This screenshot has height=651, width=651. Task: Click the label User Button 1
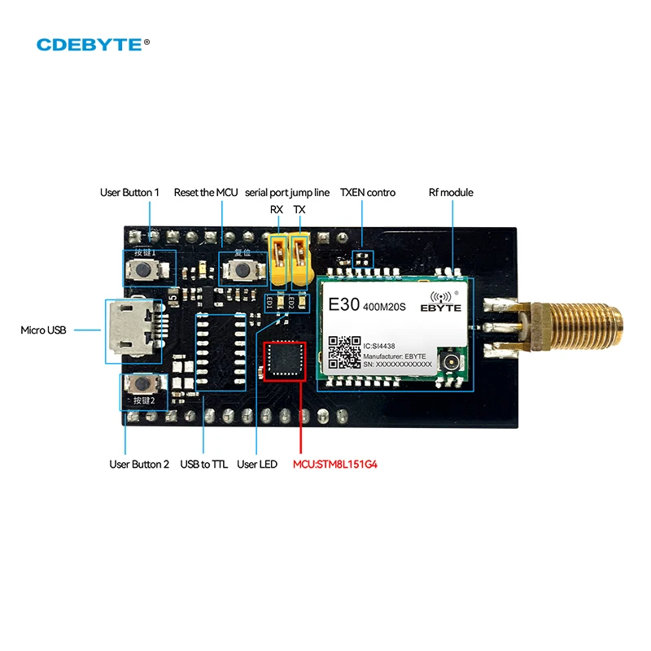click(129, 193)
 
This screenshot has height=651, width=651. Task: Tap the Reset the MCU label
click(205, 193)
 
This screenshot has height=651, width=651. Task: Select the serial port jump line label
click(287, 193)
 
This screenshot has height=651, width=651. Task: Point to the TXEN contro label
click(367, 193)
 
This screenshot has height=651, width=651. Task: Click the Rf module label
click(451, 193)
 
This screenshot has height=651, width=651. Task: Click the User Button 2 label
click(139, 465)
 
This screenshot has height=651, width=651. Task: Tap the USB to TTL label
click(203, 465)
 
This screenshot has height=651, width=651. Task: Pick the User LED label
click(257, 465)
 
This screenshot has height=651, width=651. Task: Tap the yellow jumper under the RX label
click(278, 260)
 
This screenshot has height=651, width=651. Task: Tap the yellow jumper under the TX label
click(300, 260)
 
